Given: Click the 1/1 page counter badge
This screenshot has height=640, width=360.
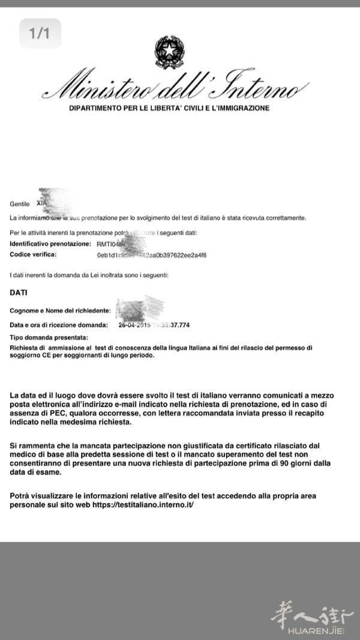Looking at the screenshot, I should [40, 34].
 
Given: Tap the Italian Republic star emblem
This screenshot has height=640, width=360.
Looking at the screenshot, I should [170, 53].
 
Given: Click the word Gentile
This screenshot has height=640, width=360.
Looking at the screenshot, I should [19, 204].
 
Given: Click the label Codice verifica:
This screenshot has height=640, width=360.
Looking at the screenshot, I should [33, 255].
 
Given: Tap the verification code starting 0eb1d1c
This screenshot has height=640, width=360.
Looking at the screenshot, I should [152, 255].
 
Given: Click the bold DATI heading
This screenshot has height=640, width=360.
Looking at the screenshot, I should [19, 292].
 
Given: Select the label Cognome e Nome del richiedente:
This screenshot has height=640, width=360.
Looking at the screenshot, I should [60, 310].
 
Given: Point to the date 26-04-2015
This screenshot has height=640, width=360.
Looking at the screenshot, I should [134, 325].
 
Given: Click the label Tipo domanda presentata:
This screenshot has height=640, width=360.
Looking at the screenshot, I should [49, 337].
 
